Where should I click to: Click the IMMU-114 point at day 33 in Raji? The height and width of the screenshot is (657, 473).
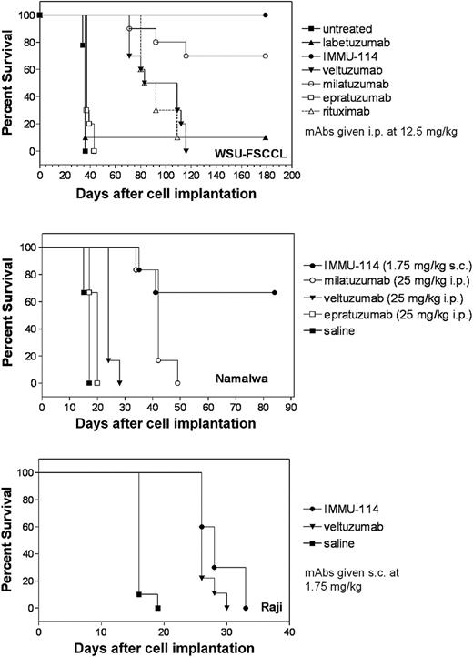coord(246,608)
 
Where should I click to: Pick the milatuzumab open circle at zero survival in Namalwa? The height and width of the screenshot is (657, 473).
coord(177,383)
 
